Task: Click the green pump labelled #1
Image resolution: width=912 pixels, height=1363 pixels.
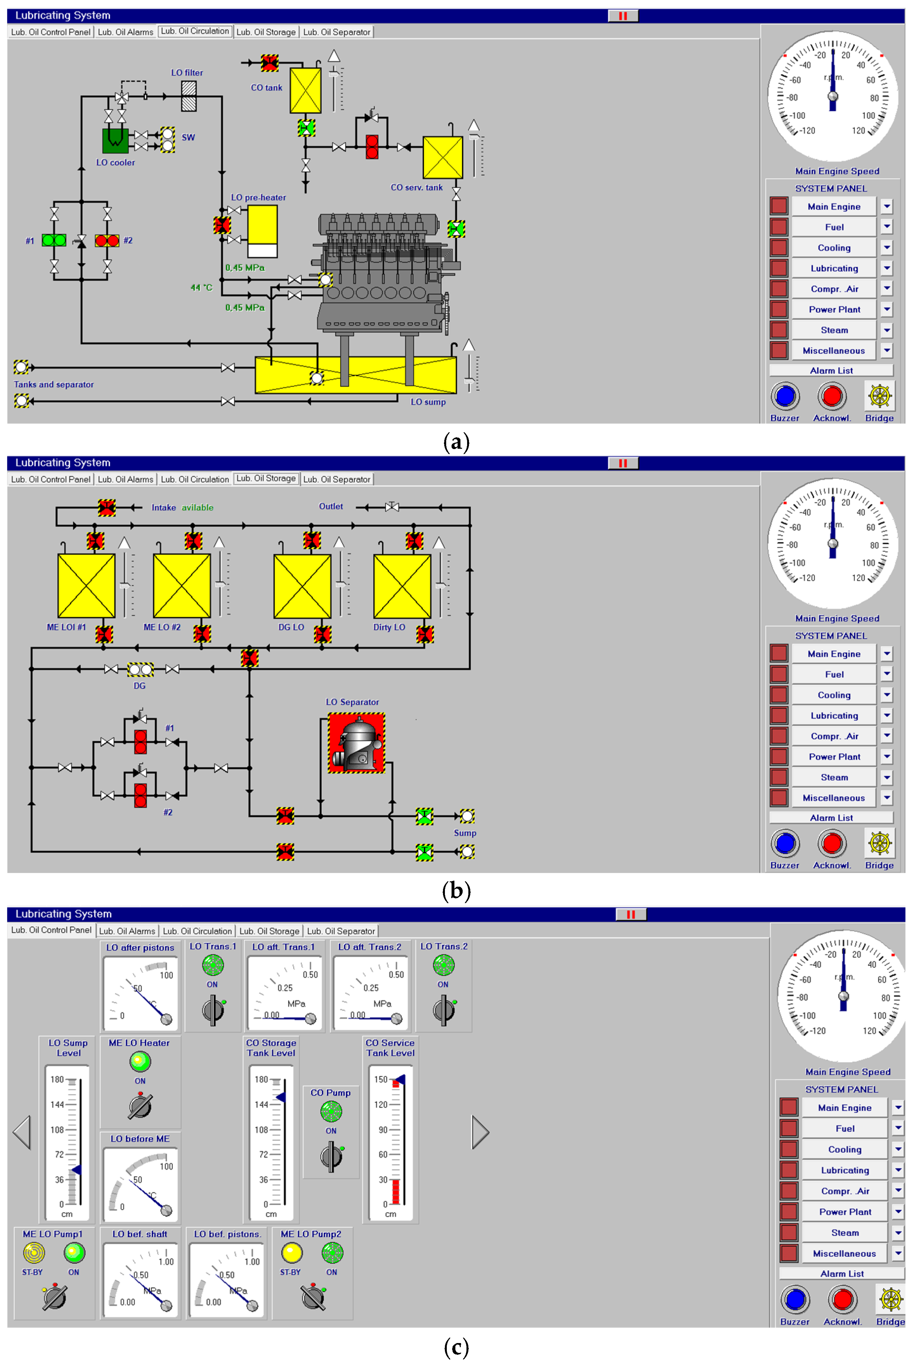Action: tap(54, 240)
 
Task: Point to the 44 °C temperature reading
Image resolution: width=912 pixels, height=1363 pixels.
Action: tap(201, 288)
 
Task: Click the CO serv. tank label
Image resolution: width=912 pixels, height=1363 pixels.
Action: tap(416, 187)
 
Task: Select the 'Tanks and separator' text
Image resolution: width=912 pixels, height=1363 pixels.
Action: tap(54, 384)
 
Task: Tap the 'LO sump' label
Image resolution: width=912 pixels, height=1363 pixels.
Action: tap(428, 402)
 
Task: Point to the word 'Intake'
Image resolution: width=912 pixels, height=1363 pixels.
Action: tap(163, 507)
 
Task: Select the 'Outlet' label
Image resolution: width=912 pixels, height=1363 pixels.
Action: tap(331, 506)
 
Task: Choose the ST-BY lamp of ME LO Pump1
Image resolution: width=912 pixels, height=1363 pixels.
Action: tap(33, 1253)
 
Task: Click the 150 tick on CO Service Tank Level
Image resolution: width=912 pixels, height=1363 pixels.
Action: tap(381, 1079)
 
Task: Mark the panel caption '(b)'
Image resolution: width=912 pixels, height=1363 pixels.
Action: tap(456, 890)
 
